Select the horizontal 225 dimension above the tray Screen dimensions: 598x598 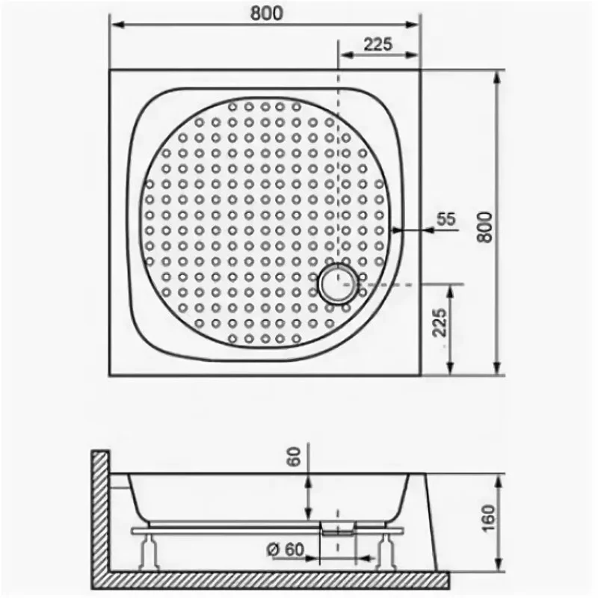point(378,44)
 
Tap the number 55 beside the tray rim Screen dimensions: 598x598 point(446,219)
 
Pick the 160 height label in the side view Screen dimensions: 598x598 point(488,516)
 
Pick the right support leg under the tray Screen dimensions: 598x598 point(386,549)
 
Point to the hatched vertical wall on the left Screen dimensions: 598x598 point(100,508)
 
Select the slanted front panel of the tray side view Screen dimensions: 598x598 point(423,516)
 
